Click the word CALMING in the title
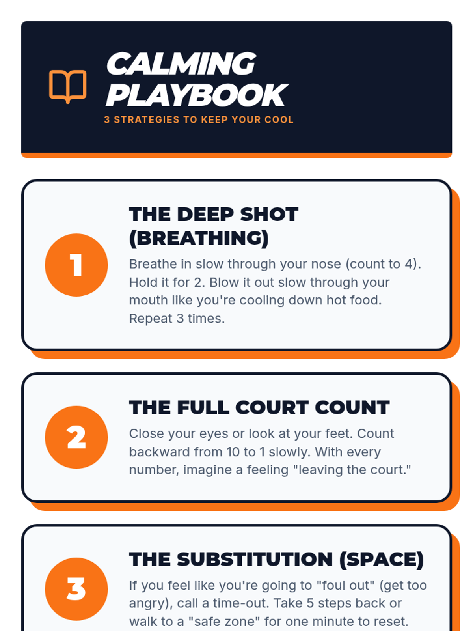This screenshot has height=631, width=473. click(x=181, y=63)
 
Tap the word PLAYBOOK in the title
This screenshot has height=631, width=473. click(x=197, y=95)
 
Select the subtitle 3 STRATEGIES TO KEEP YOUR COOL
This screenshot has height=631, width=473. click(x=199, y=119)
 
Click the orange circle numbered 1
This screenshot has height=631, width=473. click(x=76, y=265)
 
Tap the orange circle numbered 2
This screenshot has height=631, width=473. click(x=76, y=437)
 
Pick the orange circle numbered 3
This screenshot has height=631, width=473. click(x=76, y=589)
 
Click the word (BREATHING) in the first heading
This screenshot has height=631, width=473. click(x=199, y=238)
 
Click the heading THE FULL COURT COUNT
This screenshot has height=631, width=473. click(x=259, y=408)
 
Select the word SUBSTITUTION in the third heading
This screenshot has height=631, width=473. click(x=255, y=559)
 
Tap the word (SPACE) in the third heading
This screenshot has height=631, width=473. click(x=382, y=560)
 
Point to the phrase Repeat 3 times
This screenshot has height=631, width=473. click(x=177, y=319)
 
